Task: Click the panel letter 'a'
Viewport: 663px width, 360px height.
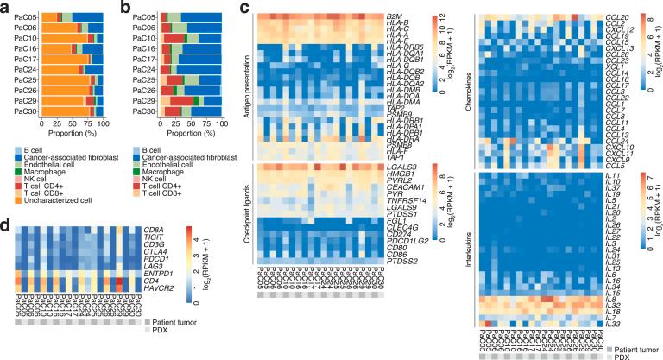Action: (5, 8)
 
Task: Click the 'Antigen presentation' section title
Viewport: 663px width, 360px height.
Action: (247, 86)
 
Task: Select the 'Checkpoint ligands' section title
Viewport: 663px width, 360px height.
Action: (247, 207)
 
